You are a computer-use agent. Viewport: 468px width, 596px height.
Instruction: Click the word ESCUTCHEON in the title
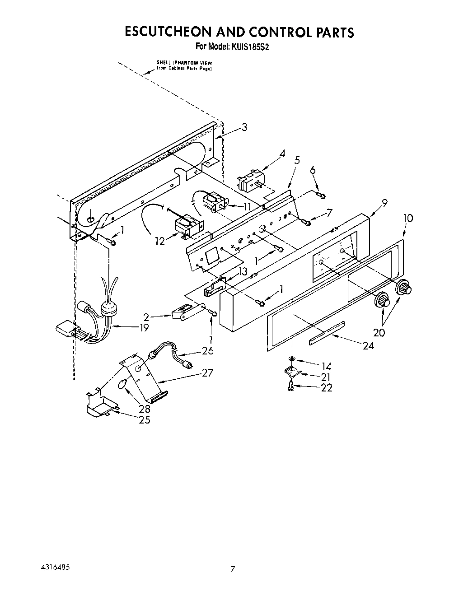pyautogui.click(x=167, y=33)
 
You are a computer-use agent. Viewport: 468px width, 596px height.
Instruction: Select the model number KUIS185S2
pyautogui.click(x=252, y=46)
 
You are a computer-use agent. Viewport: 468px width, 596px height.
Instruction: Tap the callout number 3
pyautogui.click(x=244, y=128)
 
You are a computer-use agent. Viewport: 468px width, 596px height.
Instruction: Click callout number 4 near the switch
pyautogui.click(x=282, y=154)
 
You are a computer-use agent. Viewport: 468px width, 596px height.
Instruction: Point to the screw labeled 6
pyautogui.click(x=321, y=195)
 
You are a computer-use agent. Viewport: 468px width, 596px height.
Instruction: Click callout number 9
pyautogui.click(x=385, y=203)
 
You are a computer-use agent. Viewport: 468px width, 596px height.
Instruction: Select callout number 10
pyautogui.click(x=407, y=218)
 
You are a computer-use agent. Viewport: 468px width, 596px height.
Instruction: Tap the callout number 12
pyautogui.click(x=160, y=242)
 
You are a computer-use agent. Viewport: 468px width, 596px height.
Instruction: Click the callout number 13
pyautogui.click(x=243, y=271)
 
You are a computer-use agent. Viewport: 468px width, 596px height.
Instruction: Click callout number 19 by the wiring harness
pyautogui.click(x=144, y=328)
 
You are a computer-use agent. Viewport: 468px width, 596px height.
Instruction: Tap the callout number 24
pyautogui.click(x=369, y=346)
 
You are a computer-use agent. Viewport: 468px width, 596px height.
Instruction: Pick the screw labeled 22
pyautogui.click(x=291, y=386)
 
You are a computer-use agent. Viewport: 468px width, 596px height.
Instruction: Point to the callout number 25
pyautogui.click(x=145, y=420)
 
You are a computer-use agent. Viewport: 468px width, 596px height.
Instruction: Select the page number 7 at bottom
pyautogui.click(x=233, y=569)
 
